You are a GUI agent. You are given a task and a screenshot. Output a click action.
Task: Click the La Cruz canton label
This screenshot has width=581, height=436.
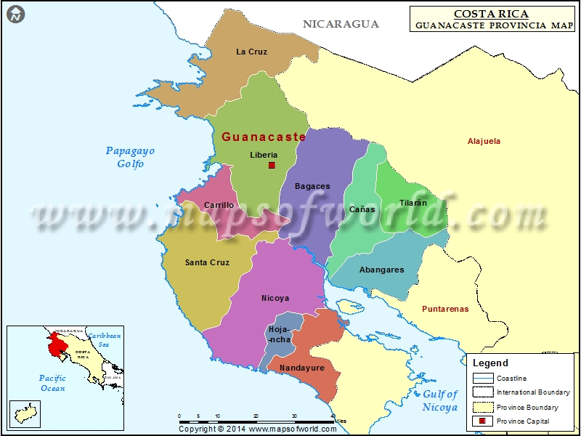pos(252,52)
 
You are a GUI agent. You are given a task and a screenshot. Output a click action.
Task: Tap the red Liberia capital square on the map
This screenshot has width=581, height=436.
pos(272,166)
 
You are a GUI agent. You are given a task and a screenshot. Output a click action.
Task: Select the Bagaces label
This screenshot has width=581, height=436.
pos(312,186)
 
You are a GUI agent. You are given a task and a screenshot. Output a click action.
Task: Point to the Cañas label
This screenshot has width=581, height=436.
pos(362,209)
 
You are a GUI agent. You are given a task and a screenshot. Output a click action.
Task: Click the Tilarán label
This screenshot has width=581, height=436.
pos(413,203)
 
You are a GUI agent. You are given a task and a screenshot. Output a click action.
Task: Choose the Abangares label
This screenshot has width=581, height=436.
pos(382,270)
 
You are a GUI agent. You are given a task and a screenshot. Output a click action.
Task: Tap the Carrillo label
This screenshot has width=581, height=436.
pos(219,205)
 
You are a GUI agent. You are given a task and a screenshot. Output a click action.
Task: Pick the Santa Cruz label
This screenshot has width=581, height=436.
pos(207,262)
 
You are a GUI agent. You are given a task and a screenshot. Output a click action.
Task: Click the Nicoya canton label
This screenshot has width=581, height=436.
pos(275,298)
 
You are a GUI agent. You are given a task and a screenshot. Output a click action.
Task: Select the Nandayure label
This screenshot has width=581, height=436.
pos(303,368)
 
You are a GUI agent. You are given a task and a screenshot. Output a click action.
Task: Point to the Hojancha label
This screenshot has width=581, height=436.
pos(280,334)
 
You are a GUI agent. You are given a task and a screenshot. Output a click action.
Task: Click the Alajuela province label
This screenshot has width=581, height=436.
pos(484,141)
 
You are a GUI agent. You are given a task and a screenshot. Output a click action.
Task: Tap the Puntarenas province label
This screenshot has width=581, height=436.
pos(445,309)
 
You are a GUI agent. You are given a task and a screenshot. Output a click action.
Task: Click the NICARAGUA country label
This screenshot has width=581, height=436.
pos(341,24)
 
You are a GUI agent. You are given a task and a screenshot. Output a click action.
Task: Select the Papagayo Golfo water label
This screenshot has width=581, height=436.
pos(131,157)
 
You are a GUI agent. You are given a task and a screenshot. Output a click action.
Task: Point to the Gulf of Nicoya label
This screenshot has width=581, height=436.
pos(440,400)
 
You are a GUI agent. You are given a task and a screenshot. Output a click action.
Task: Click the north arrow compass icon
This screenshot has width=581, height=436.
pos(16,13)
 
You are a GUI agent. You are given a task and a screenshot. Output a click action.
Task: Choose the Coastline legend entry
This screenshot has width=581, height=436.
pos(511,378)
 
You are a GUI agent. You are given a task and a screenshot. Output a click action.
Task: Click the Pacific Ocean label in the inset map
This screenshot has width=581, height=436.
pos(52,383)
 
